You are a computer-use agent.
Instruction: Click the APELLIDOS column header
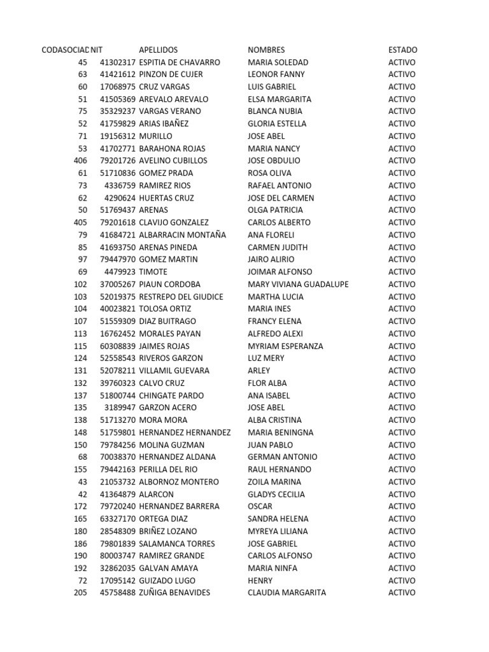pyautogui.click(x=158, y=50)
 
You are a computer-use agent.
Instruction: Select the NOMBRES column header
pyautogui.click(x=266, y=50)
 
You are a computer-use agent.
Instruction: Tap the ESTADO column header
pyautogui.click(x=403, y=50)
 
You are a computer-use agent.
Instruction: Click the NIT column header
pyautogui.click(x=97, y=50)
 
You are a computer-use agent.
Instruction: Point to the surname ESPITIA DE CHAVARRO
pyautogui.click(x=179, y=62)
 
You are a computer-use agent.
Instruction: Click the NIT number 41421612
pyautogui.click(x=117, y=74)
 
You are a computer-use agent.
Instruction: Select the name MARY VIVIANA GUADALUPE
pyautogui.click(x=298, y=285)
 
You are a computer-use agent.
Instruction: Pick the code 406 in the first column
pyautogui.click(x=80, y=160)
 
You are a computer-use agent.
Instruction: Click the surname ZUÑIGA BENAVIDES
pyautogui.click(x=174, y=593)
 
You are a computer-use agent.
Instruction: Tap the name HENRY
pyautogui.click(x=260, y=581)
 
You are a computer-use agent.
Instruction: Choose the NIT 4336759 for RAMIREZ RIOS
pyautogui.click(x=120, y=185)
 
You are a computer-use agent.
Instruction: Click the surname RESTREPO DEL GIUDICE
pyautogui.click(x=181, y=297)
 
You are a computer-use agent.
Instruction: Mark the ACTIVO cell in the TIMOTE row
pyautogui.click(x=402, y=272)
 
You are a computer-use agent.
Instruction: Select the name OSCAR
pyautogui.click(x=259, y=506)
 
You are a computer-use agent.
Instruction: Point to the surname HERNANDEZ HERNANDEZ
pyautogui.click(x=185, y=432)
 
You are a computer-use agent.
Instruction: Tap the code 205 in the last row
pyautogui.click(x=80, y=593)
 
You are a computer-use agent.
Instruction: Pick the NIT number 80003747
pyautogui.click(x=117, y=556)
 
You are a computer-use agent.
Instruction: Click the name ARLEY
pyautogui.click(x=259, y=371)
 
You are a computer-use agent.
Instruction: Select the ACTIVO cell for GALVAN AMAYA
pyautogui.click(x=402, y=568)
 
